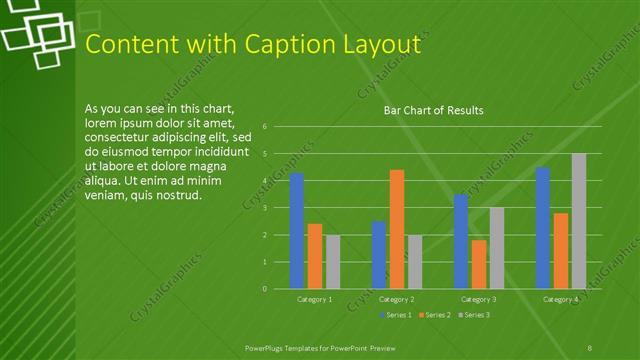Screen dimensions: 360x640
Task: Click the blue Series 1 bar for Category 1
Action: point(297,231)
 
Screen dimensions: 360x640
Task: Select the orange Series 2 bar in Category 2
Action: point(397,229)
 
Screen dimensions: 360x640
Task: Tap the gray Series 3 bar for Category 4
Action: point(579,221)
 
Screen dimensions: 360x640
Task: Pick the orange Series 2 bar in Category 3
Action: point(479,264)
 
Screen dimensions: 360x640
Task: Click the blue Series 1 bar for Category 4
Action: point(543,228)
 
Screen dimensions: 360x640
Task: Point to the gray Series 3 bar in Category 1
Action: point(333,262)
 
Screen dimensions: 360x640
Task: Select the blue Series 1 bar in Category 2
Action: point(379,255)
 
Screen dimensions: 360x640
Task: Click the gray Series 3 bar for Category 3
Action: point(497,248)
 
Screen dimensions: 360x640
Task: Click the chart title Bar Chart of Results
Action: point(434,110)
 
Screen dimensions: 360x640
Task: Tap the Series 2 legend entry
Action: point(435,315)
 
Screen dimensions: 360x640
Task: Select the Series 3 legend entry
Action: point(474,315)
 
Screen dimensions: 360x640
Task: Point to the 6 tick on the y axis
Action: point(265,127)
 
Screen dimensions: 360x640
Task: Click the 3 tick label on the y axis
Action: point(265,208)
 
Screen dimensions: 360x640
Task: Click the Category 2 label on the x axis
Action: point(397,299)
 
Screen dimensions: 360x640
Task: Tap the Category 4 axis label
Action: point(561,299)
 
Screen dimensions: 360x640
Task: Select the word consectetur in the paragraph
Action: point(121,137)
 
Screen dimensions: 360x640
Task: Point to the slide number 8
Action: point(590,346)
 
